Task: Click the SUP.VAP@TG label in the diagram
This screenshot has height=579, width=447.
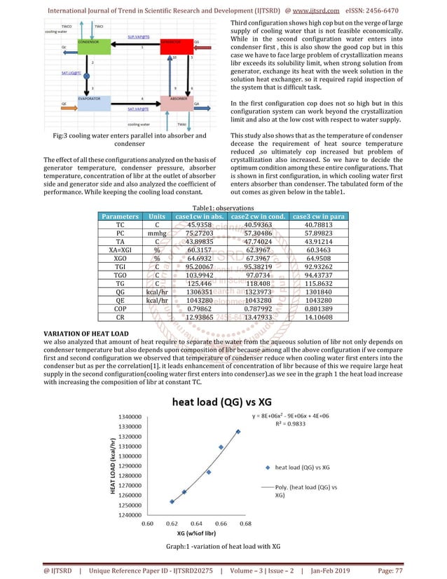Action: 137,34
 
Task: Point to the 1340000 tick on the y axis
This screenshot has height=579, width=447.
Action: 128,417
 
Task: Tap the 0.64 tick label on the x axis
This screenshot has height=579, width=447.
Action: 197,523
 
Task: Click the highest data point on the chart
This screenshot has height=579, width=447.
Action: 238,431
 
